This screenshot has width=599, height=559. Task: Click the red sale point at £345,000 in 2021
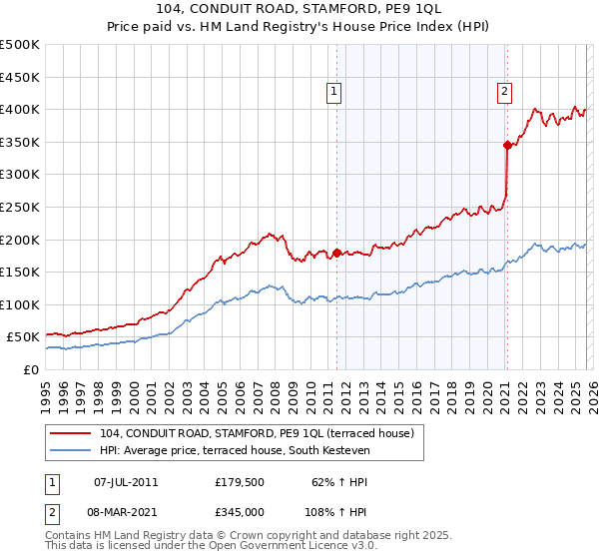point(507,146)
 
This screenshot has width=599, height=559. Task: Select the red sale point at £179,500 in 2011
point(336,253)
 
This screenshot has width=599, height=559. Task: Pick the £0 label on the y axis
point(31,369)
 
